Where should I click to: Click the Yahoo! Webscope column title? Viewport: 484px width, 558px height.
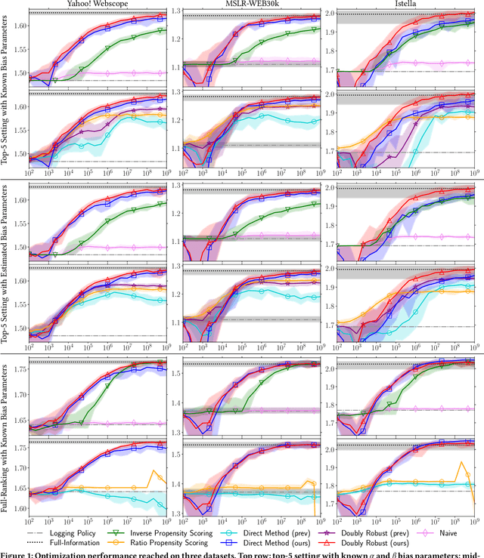pos(99,4)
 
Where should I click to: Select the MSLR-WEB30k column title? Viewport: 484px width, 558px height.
pos(250,4)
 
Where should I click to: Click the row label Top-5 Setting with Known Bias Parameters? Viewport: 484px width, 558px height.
pos(6,91)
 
